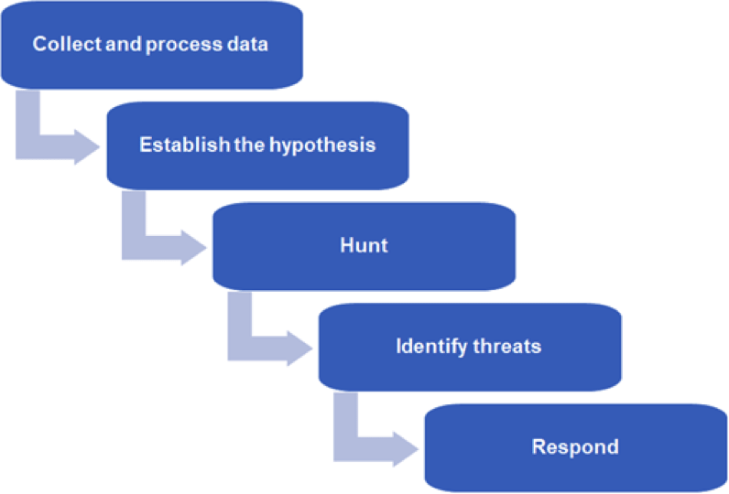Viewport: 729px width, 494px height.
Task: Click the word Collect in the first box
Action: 65,44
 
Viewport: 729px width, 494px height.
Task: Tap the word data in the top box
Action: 247,44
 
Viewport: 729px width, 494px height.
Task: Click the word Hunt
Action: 364,245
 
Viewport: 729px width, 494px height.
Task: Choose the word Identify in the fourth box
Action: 430,346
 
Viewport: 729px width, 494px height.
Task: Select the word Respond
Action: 575,446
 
